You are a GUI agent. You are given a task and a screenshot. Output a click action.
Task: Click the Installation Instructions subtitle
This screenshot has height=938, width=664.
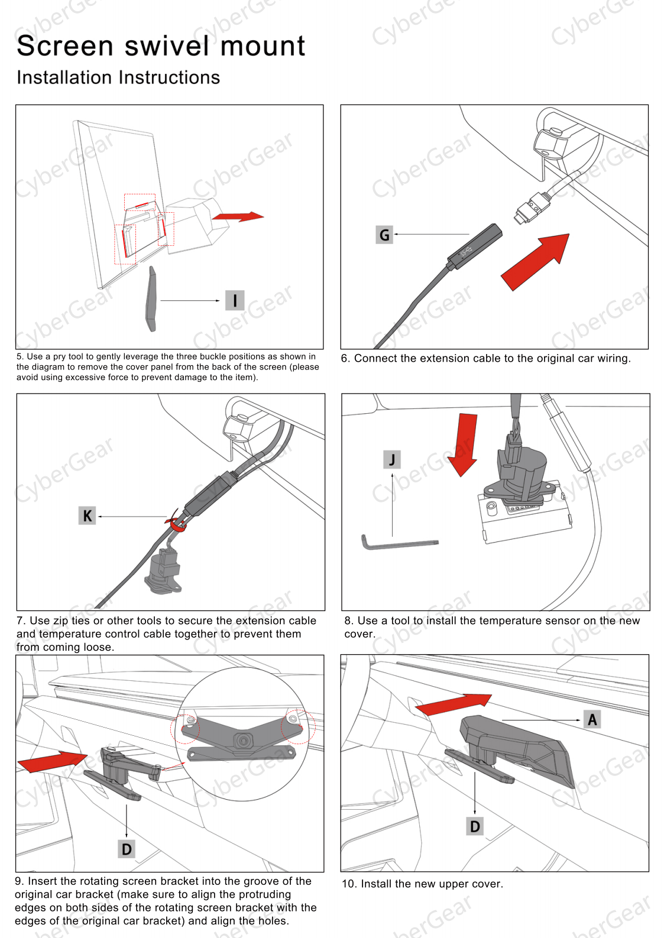[x=118, y=77]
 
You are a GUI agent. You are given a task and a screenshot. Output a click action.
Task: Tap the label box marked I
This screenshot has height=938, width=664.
[x=235, y=300]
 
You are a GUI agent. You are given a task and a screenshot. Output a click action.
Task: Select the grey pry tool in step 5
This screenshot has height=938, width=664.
[x=151, y=299]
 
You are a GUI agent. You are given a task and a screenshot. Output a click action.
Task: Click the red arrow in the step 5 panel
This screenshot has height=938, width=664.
[x=238, y=216]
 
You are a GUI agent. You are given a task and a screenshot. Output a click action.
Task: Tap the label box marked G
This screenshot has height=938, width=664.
[x=384, y=235]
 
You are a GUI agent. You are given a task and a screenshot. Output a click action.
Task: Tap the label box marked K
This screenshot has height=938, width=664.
[x=87, y=515]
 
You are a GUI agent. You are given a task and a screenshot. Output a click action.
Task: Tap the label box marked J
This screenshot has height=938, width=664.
[x=392, y=459]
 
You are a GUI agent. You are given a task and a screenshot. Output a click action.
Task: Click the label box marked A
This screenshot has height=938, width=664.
[x=592, y=719]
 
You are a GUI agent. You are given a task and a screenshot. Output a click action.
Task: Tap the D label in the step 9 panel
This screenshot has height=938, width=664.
[x=127, y=849]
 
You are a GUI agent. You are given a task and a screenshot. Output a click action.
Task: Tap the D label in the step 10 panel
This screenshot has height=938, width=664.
[x=475, y=826]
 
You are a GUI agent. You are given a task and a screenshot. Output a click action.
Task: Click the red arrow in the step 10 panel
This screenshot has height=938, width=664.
[x=454, y=705]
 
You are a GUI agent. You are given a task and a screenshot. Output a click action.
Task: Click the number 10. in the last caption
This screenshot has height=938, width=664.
[x=349, y=884]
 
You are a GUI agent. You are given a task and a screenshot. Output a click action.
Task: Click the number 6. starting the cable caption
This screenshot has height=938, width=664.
[x=345, y=359]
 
